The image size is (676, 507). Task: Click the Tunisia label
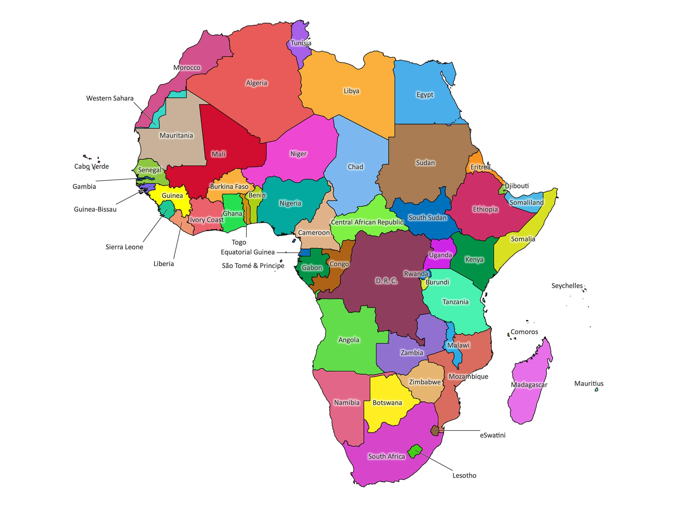point(301,43)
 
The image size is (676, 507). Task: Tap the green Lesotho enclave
point(415,451)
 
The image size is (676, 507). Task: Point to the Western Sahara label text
point(110,98)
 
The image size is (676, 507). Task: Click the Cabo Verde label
point(91,167)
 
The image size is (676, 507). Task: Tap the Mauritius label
point(589,383)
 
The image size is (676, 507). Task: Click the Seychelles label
point(567,286)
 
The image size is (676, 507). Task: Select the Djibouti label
point(517,186)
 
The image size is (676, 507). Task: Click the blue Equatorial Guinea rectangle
point(304,253)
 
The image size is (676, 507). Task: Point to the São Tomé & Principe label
point(253,266)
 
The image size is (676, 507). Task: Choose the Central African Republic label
point(367,222)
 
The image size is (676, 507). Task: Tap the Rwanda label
point(416,274)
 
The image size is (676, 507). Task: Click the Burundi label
point(437,282)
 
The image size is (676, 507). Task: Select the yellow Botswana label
point(387,403)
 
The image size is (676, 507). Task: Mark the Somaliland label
point(526,202)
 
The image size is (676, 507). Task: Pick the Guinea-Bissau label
point(95,209)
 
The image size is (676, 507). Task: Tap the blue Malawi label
point(458,345)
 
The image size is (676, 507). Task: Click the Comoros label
point(524,332)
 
